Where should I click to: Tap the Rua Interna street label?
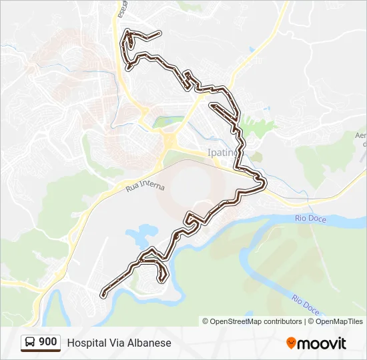(x=145, y=185)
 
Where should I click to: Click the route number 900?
(x=47, y=342)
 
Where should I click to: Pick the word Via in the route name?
(x=116, y=343)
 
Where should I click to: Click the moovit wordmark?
(x=322, y=343)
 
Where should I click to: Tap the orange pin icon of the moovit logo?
(x=291, y=343)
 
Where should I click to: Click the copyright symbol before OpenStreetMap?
(x=206, y=321)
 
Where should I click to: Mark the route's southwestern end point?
(x=103, y=295)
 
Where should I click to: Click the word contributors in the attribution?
(x=282, y=321)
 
